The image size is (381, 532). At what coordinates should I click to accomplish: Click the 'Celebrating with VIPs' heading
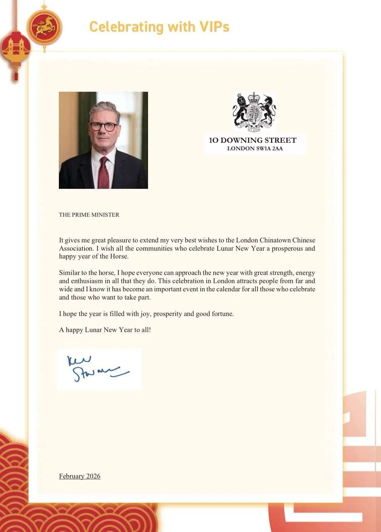[x=159, y=27]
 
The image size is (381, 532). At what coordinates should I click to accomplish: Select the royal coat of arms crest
[x=254, y=112]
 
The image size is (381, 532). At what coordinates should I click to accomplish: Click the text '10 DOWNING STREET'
[x=253, y=140]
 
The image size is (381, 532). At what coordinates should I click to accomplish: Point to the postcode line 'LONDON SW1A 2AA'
[x=255, y=149]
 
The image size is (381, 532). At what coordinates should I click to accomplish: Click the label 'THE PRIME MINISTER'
[x=89, y=215]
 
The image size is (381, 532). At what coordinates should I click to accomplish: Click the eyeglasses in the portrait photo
[x=103, y=126]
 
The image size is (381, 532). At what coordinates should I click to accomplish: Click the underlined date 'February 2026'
[x=80, y=476]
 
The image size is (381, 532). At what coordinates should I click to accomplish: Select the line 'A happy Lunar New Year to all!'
[x=105, y=330]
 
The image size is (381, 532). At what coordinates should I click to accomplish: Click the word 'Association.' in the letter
[x=76, y=249]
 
